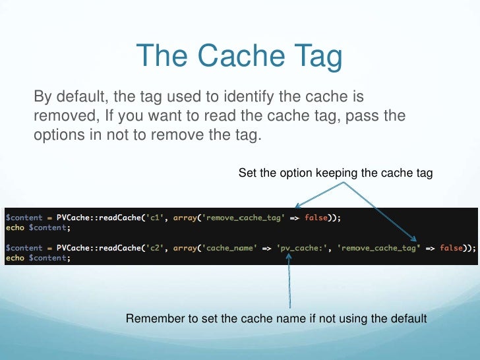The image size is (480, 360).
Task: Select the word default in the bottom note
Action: [x=409, y=319]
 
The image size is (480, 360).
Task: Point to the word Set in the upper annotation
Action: [x=247, y=173]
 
